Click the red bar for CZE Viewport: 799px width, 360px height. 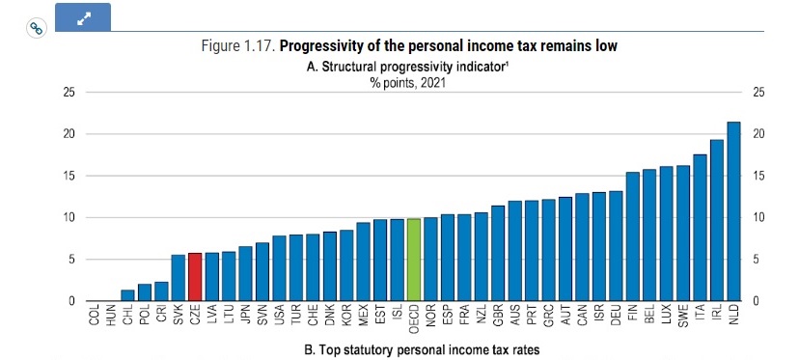195,277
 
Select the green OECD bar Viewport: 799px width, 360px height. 414,260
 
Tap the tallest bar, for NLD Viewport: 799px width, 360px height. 733,211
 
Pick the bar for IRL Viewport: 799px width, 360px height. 716,220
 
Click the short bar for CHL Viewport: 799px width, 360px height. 128,295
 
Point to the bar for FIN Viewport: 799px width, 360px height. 632,236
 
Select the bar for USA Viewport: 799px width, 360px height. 279,268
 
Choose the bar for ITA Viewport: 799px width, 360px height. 700,228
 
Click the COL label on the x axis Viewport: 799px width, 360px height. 95,315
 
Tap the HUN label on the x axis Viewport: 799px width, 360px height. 111,315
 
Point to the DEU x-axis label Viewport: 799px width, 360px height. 616,315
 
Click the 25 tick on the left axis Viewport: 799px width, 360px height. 69,93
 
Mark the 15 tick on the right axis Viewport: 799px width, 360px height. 758,176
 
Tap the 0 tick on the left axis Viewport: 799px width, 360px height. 71,301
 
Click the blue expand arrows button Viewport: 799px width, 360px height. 83,17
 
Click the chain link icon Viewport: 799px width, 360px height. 36,28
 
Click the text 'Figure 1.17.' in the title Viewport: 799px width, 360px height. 238,46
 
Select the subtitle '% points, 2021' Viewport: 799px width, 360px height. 407,83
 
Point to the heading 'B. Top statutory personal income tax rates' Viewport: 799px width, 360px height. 422,349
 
